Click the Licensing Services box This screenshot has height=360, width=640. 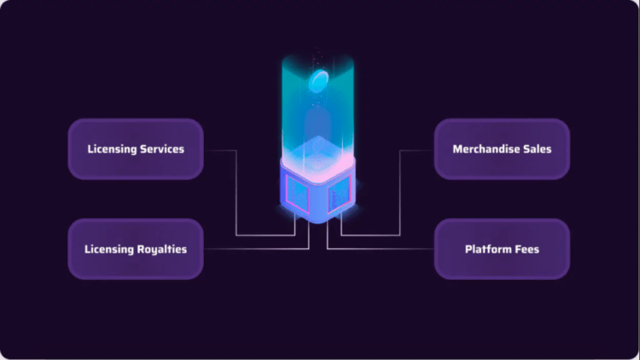click(136, 149)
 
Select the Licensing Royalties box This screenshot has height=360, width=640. click(136, 249)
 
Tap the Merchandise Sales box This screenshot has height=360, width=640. click(502, 149)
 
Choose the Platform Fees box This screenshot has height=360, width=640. click(502, 249)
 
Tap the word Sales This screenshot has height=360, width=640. click(537, 149)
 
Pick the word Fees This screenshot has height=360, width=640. click(527, 249)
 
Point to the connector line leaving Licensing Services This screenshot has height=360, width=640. click(221, 150)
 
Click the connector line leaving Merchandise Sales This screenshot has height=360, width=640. click(416, 150)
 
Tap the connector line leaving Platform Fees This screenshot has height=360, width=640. click(384, 249)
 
